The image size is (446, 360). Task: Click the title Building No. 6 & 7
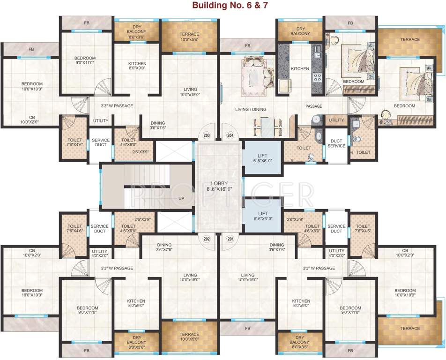tap(223, 6)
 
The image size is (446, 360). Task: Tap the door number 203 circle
tap(207, 135)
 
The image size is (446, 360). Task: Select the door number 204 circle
tap(230, 135)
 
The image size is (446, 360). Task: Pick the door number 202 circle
tap(206, 239)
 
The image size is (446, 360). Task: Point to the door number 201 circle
tap(230, 239)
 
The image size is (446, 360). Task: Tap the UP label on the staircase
tap(181, 199)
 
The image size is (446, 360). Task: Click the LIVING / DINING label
tap(251, 110)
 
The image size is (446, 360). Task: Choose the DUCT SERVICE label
tap(336, 143)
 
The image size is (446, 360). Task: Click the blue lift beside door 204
tap(262, 157)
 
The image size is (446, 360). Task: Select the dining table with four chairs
tap(263, 124)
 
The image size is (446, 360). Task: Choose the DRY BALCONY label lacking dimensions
tap(300, 31)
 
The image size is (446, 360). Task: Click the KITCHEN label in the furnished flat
tap(300, 69)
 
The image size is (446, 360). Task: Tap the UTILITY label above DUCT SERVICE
tap(336, 120)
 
